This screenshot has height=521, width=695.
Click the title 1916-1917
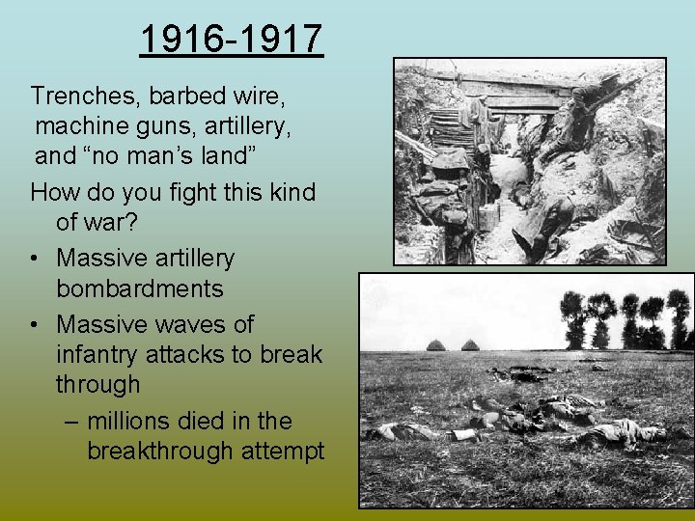(x=232, y=41)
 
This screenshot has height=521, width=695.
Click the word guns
(x=176, y=126)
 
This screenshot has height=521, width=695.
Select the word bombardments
(x=140, y=288)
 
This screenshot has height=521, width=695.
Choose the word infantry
(x=101, y=354)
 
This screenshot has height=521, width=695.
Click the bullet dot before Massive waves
(x=36, y=324)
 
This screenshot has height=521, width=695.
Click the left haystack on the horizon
(x=436, y=345)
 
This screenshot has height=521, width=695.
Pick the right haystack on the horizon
(x=470, y=345)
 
